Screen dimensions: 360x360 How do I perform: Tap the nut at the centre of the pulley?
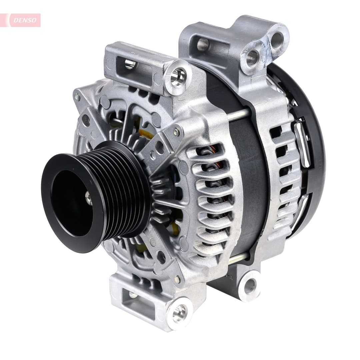point(88,198)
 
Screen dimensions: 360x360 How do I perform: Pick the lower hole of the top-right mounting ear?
point(252,59)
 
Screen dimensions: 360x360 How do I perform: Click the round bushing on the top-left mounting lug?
point(178,77)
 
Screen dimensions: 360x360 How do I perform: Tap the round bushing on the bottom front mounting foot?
point(179,313)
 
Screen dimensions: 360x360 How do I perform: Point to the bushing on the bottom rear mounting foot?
point(250,286)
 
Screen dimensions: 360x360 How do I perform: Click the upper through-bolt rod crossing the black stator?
point(237,115)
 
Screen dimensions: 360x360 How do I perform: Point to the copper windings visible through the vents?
point(213,173)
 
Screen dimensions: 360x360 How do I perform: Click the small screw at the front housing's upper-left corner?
point(77,97)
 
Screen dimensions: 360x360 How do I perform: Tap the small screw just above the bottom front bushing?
point(178,280)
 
